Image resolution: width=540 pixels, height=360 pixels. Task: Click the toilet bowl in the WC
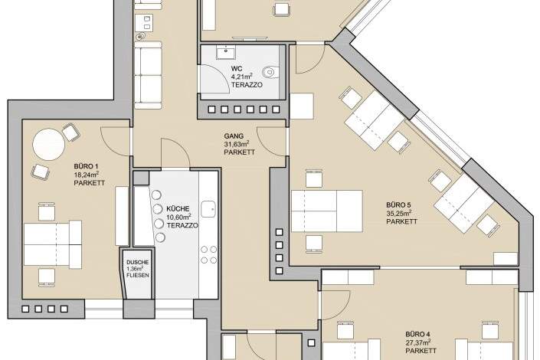[x=269, y=72]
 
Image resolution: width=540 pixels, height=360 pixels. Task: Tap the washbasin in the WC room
[x=226, y=52]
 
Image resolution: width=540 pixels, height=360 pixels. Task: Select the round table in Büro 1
[x=48, y=144]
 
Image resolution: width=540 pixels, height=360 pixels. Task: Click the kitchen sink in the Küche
[x=208, y=209]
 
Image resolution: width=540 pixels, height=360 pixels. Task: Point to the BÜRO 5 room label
[x=398, y=205]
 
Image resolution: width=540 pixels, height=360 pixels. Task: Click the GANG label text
[x=234, y=136]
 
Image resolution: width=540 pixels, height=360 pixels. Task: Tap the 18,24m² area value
[x=87, y=175]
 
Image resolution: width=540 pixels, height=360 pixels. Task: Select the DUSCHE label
[x=137, y=263]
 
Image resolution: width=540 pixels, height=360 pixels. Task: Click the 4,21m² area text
[x=242, y=76]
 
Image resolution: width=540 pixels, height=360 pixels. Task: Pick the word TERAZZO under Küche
[x=182, y=226]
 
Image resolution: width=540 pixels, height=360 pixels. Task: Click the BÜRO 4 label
[x=417, y=334]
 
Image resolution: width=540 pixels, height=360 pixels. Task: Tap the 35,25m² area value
[x=398, y=213]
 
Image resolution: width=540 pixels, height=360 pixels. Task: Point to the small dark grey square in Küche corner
[x=141, y=178]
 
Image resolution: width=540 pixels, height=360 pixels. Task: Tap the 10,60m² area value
[x=178, y=218]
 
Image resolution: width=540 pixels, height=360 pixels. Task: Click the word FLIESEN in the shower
[x=138, y=275]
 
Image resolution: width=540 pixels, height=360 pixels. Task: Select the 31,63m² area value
[x=237, y=144]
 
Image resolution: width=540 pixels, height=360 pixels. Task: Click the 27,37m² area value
[x=417, y=342]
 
